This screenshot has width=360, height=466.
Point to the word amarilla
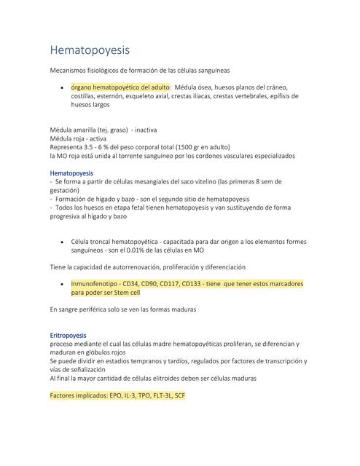(x=93, y=130)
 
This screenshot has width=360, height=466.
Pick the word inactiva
(x=171, y=130)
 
